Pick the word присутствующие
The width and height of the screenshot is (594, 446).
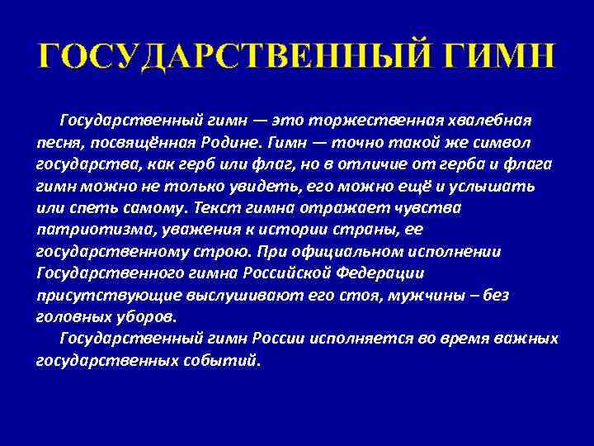tap(97, 295)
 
